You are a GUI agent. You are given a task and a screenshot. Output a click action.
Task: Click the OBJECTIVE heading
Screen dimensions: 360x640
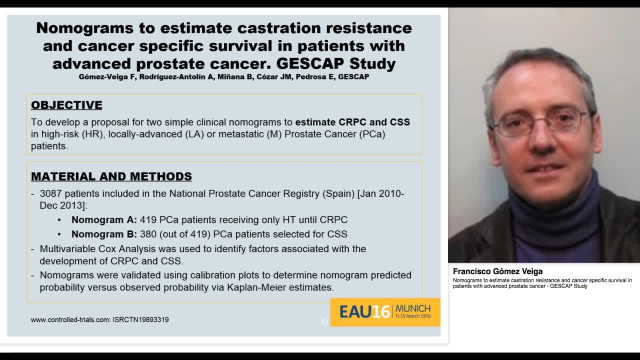pyautogui.click(x=66, y=105)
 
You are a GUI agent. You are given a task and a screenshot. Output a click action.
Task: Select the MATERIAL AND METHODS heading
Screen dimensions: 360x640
pyautogui.click(x=111, y=176)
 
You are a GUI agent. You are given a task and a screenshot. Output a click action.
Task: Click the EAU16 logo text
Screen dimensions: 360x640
pyautogui.click(x=364, y=312)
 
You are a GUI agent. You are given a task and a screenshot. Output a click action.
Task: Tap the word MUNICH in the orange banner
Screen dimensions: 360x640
pyautogui.click(x=412, y=308)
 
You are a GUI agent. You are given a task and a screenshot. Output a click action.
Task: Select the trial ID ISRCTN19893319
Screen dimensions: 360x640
pyautogui.click(x=140, y=319)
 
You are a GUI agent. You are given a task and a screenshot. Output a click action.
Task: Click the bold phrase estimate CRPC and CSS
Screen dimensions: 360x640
pyautogui.click(x=352, y=122)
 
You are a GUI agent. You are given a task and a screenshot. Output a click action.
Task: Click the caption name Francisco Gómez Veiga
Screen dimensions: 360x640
pyautogui.click(x=497, y=271)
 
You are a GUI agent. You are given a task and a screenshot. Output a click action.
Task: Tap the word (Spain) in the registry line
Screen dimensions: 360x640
pyautogui.click(x=338, y=193)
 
